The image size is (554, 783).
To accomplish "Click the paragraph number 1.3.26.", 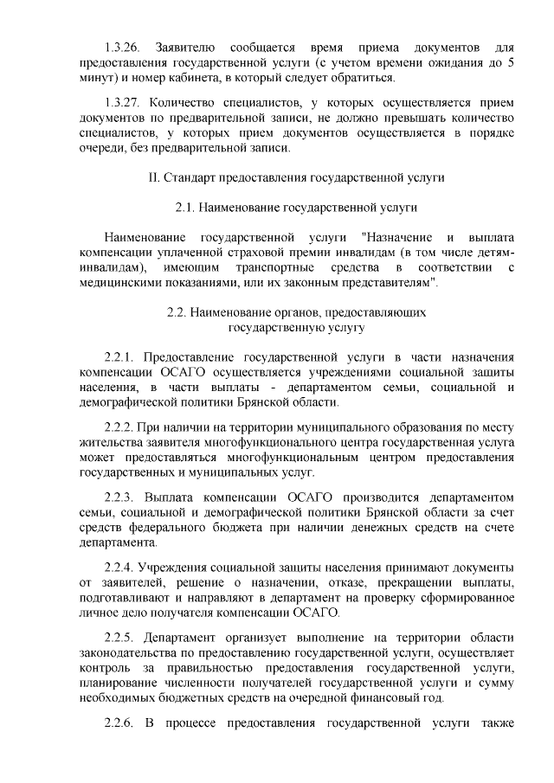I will coord(120,46).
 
